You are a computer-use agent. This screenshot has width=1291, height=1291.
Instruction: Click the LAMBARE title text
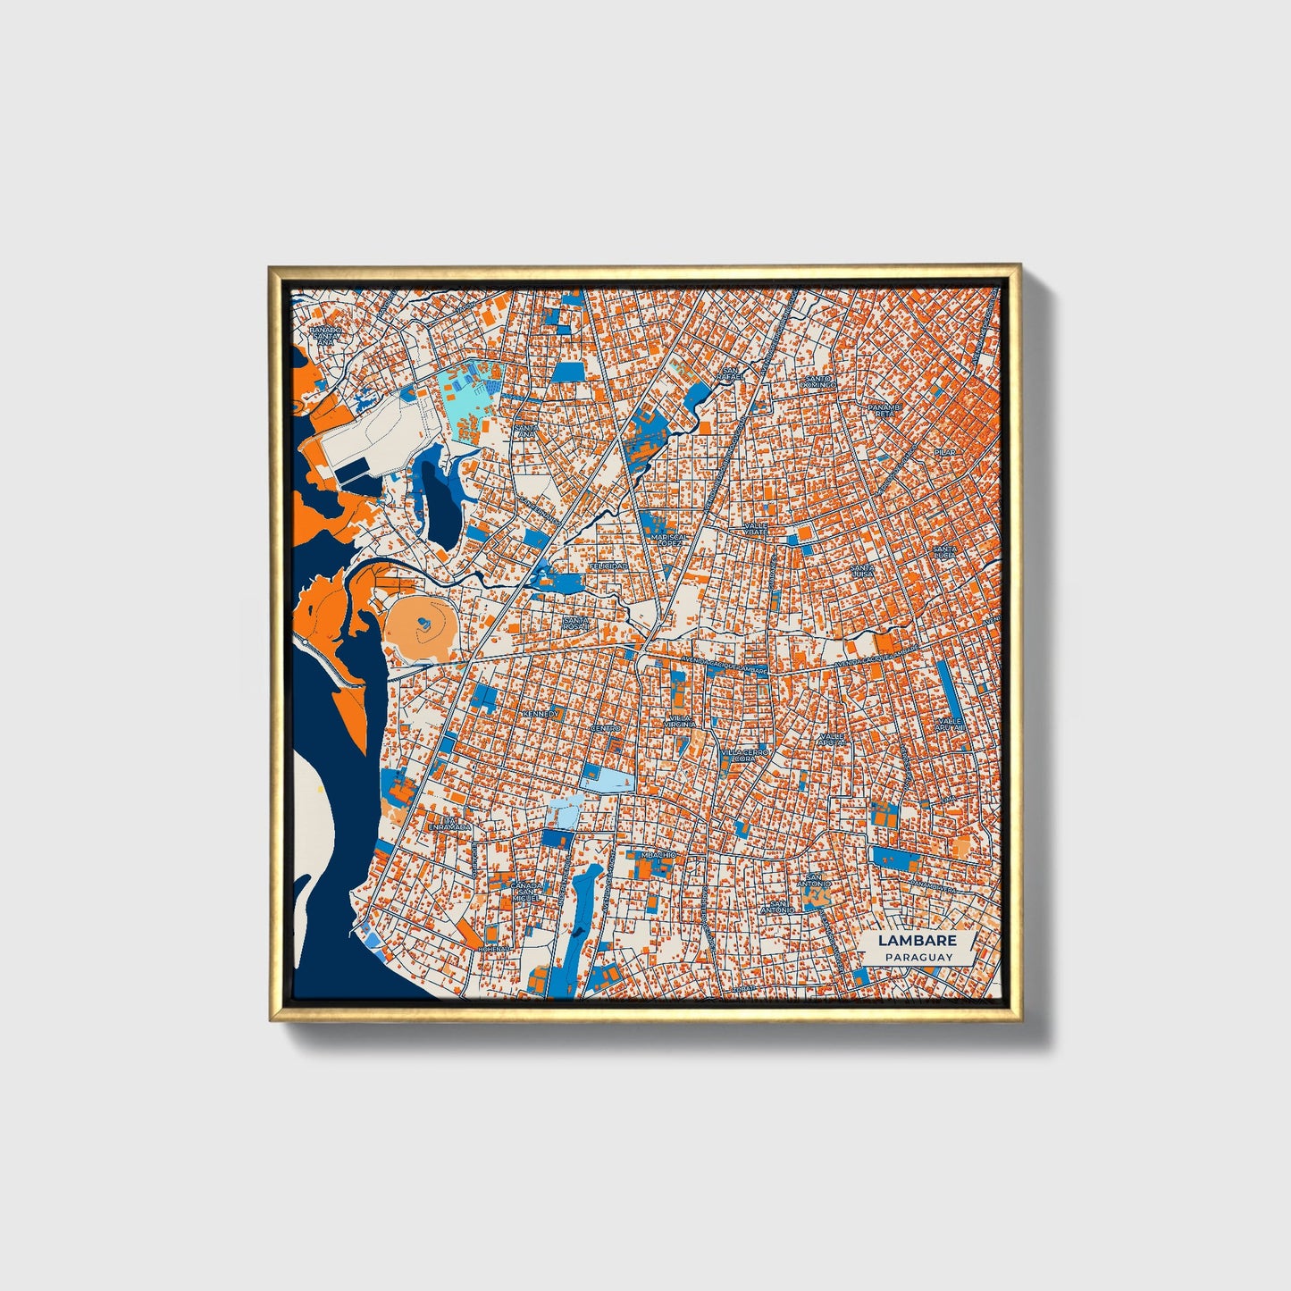pyautogui.click(x=917, y=941)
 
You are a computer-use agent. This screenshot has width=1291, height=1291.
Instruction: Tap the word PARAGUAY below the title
pyautogui.click(x=918, y=957)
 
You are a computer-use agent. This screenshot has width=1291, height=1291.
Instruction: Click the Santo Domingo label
pyautogui.click(x=818, y=381)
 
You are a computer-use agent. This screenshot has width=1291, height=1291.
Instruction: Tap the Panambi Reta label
pyautogui.click(x=882, y=410)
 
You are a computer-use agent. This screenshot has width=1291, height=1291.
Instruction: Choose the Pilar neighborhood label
pyautogui.click(x=944, y=453)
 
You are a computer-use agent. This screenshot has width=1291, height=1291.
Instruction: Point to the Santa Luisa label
pyautogui.click(x=861, y=570)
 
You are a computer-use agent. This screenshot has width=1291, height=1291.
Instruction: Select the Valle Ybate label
pyautogui.click(x=756, y=529)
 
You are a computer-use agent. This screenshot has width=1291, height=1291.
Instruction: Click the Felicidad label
pyautogui.click(x=608, y=566)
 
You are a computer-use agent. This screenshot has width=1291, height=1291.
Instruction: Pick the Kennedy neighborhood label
pyautogui.click(x=541, y=715)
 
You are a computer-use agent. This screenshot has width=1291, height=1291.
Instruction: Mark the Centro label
pyautogui.click(x=606, y=728)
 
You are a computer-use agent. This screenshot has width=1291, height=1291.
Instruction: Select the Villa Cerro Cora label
pyautogui.click(x=744, y=756)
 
